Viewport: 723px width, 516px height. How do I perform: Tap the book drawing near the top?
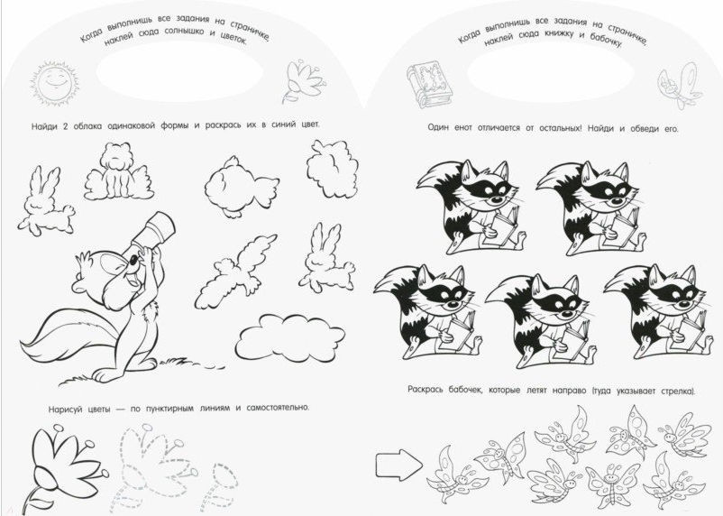tap(429, 85)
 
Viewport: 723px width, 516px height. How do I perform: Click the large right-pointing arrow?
tap(398, 464)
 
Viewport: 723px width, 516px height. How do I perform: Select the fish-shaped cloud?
tap(242, 187)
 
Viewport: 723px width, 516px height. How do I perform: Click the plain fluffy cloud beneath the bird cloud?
tap(290, 338)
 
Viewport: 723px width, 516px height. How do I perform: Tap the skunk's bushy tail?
tap(69, 336)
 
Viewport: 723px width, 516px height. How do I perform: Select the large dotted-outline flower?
tap(157, 463)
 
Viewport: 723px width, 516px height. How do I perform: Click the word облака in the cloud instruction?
tap(87, 126)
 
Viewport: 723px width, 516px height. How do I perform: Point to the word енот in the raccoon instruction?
tap(463, 128)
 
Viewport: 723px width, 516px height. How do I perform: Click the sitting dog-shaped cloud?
tap(118, 171)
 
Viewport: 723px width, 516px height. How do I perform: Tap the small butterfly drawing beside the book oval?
tap(680, 86)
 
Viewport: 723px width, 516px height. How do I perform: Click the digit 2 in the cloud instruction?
tap(65, 126)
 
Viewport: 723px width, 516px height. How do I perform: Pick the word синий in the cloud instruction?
tap(283, 125)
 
